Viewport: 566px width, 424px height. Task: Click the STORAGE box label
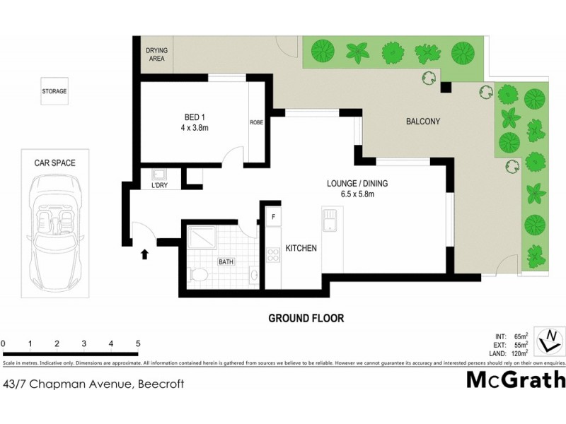(54, 91)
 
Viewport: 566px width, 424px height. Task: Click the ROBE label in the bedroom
(256, 122)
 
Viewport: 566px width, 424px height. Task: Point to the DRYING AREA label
(156, 54)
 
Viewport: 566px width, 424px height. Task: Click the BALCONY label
(423, 121)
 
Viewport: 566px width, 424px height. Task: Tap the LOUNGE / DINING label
(357, 184)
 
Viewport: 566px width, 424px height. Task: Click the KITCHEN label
(301, 248)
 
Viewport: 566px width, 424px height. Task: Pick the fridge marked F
(273, 215)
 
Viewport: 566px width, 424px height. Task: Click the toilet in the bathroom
(200, 274)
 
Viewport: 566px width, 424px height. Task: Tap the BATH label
(226, 262)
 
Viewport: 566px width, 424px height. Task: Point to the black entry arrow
(145, 254)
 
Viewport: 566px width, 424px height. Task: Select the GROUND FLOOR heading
(306, 318)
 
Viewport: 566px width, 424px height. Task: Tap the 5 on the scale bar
(137, 343)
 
